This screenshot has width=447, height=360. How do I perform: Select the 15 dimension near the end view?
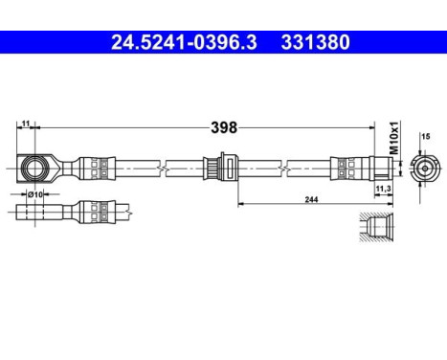click(425, 138)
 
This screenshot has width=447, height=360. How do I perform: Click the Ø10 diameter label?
click(36, 194)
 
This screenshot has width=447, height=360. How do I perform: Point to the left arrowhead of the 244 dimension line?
click(239, 203)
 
